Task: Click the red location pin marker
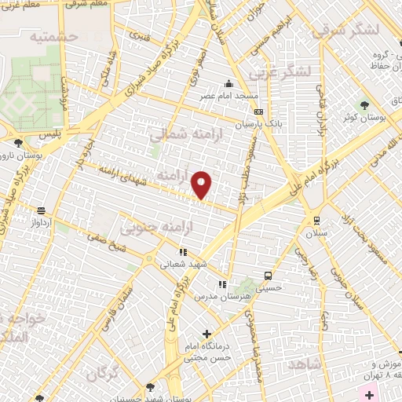tap(203, 184)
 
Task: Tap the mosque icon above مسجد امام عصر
tap(228, 84)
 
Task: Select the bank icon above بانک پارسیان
tap(258, 112)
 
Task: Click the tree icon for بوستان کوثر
tap(364, 105)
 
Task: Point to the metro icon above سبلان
tap(316, 221)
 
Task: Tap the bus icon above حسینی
tap(269, 276)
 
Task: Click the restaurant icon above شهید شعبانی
tap(182, 253)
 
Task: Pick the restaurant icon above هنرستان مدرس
tap(222, 283)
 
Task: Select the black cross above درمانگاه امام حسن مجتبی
tap(206, 334)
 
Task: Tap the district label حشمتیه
tap(53, 36)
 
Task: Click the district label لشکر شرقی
tap(345, 31)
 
